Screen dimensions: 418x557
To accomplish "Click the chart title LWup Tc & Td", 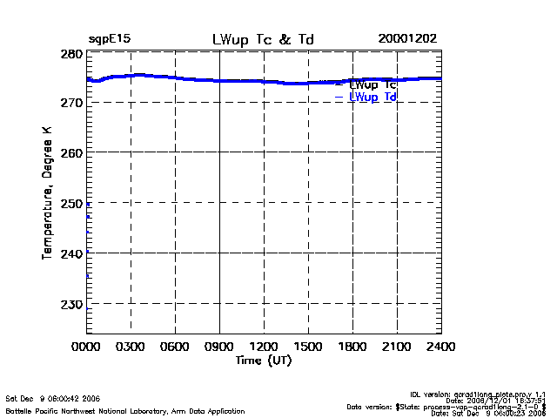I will pos(264,40).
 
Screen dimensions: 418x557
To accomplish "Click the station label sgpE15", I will pos(109,40).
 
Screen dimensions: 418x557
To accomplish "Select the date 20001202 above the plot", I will pos(407,40).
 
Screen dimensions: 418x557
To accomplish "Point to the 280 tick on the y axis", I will pos(72,54).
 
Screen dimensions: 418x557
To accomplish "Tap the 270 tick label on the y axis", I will pos(72,103).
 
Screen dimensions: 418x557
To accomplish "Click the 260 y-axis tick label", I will pos(72,153).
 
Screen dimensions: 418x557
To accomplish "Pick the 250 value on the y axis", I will pos(72,203).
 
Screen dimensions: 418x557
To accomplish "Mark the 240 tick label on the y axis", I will pos(72,253).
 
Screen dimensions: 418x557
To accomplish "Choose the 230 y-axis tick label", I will pos(72,304).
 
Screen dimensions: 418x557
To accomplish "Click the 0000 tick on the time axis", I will pos(86,347).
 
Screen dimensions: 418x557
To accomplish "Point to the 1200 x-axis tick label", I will pos(264,347).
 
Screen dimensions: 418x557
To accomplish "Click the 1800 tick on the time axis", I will pos(352,347).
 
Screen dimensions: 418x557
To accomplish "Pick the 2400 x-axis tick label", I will pos(441,347).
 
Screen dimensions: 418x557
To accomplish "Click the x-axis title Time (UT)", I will pos(264,360).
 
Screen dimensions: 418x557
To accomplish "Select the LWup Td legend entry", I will pos(372,98).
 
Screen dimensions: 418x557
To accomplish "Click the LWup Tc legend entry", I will pos(372,84).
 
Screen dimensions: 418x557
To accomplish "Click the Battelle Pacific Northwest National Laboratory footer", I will pos(125,410).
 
